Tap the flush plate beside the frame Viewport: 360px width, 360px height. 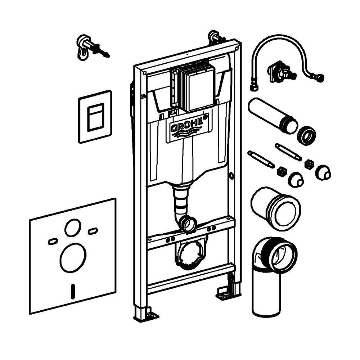point(95,117)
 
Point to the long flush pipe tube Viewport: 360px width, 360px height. point(273,116)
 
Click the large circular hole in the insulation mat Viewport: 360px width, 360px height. point(73,258)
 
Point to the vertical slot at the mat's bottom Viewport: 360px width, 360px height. point(73,291)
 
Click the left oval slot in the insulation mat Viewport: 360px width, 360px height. point(53,241)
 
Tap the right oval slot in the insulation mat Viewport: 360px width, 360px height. point(93,231)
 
